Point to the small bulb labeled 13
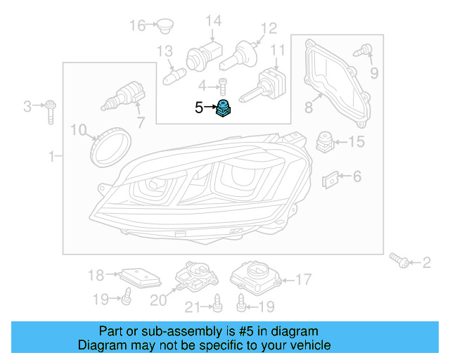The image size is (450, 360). pyautogui.click(x=172, y=72)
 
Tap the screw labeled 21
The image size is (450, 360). pyautogui.click(x=217, y=304)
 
